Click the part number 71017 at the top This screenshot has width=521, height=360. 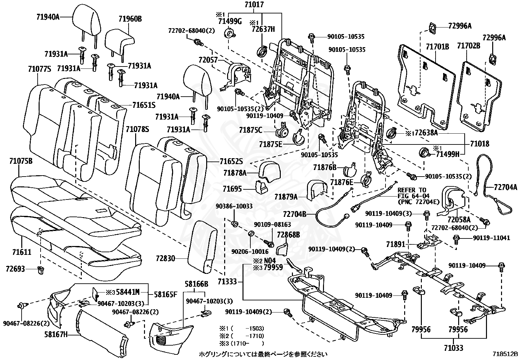(x=254, y=5)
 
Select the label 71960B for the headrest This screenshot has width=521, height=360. (x=130, y=19)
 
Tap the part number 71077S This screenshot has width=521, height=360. (x=40, y=69)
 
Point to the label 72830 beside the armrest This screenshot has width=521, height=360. (x=166, y=258)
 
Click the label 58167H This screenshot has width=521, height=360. (x=56, y=334)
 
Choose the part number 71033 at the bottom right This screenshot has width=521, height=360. (x=454, y=348)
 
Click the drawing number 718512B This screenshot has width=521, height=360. (x=505, y=354)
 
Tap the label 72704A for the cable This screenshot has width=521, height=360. (x=506, y=187)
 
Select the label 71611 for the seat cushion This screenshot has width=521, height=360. (x=22, y=252)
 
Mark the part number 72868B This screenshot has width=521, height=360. (x=288, y=235)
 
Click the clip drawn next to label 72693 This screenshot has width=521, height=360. (x=41, y=270)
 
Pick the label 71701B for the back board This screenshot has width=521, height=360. (x=437, y=47)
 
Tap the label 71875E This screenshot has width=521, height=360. (x=271, y=144)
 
